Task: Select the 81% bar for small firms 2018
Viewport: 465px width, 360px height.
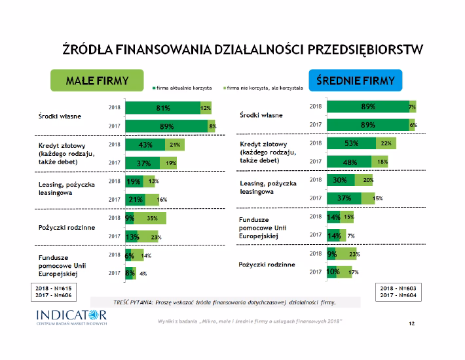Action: tap(162, 108)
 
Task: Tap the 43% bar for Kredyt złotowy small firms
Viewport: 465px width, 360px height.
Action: tap(146, 145)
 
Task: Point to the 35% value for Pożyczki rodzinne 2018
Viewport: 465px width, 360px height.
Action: tap(152, 218)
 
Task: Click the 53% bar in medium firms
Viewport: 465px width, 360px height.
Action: tap(351, 143)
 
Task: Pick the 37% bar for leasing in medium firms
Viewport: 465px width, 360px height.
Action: tap(344, 198)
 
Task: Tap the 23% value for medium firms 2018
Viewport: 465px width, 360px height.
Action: tap(354, 254)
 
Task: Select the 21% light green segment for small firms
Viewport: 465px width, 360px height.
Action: tap(174, 145)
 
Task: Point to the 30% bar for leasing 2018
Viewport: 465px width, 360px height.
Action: tap(341, 179)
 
